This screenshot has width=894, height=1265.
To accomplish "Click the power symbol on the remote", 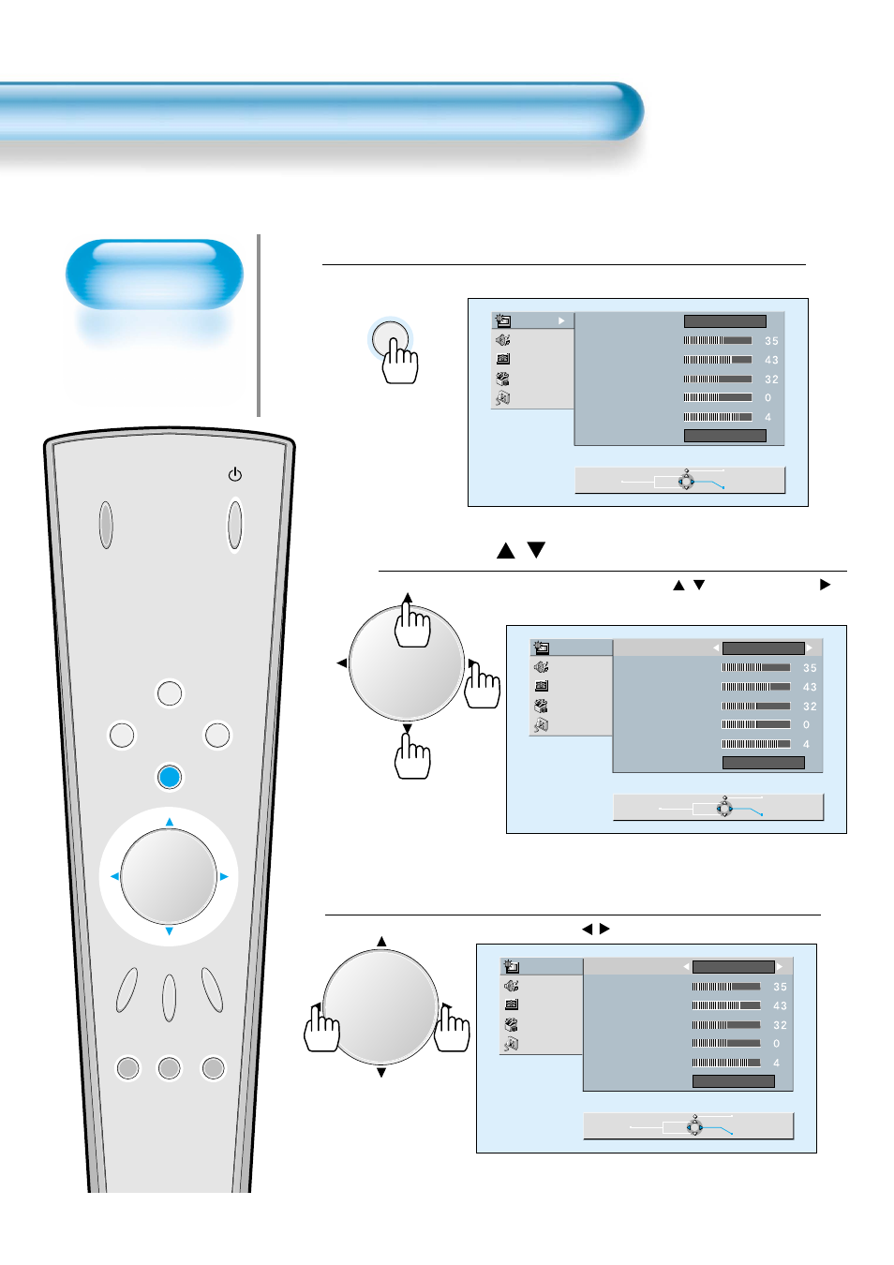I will tap(234, 475).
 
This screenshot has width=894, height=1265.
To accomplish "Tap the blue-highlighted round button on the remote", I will tap(170, 777).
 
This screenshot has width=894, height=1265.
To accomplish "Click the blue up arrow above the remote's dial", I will tap(170, 822).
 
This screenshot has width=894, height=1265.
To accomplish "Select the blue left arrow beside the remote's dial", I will tap(114, 877).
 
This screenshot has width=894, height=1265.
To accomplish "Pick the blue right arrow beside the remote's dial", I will tap(224, 877).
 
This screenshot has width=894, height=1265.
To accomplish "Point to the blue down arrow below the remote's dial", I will tap(170, 931).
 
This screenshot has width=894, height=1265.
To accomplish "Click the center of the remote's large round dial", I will tap(170, 877).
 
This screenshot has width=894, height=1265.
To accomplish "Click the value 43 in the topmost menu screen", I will tap(771, 360).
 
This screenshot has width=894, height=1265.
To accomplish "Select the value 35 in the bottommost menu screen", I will tap(780, 987).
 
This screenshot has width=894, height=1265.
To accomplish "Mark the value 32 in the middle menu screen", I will tap(810, 707).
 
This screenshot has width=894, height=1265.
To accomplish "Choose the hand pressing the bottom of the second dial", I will tap(412, 757).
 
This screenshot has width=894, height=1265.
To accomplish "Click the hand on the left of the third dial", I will tap(321, 1029).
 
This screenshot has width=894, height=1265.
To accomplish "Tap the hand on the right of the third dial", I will tap(453, 1029).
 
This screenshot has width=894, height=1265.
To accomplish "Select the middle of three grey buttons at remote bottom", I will tap(170, 1068).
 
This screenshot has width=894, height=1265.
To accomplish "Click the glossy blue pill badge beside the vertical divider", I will tap(155, 275).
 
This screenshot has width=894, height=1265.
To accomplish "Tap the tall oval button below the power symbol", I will tap(235, 525).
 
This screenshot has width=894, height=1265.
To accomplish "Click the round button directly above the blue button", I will tap(170, 693).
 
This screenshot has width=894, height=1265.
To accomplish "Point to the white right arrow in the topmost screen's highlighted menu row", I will tap(561, 320).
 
